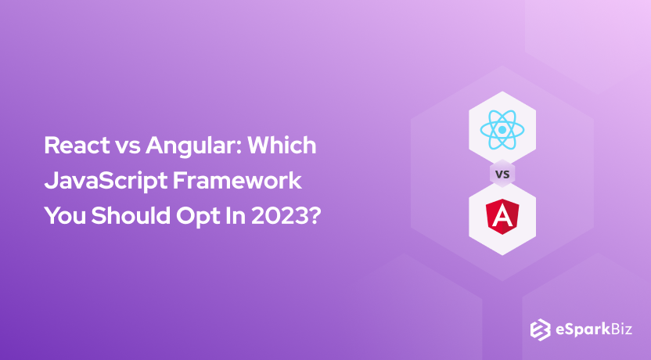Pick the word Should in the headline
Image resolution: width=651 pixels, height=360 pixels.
click(129, 215)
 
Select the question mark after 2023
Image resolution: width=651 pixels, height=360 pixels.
click(315, 215)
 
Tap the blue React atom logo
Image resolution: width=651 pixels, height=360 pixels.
click(502, 129)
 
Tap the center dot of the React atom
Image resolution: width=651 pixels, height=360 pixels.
click(502, 129)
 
